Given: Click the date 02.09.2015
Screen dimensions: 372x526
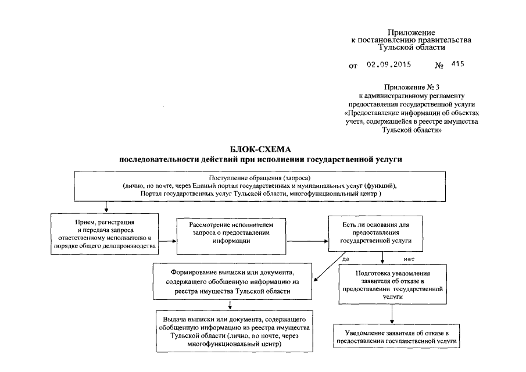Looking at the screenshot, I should [388, 65].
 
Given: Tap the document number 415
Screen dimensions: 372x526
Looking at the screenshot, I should [457, 65].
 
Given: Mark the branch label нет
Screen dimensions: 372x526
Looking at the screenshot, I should [409, 257].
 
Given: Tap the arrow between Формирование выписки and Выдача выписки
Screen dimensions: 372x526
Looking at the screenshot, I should [231, 306].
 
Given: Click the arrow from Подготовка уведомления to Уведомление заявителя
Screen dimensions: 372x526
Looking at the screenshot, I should [392, 313].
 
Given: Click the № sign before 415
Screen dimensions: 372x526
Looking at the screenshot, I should [439, 66].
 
